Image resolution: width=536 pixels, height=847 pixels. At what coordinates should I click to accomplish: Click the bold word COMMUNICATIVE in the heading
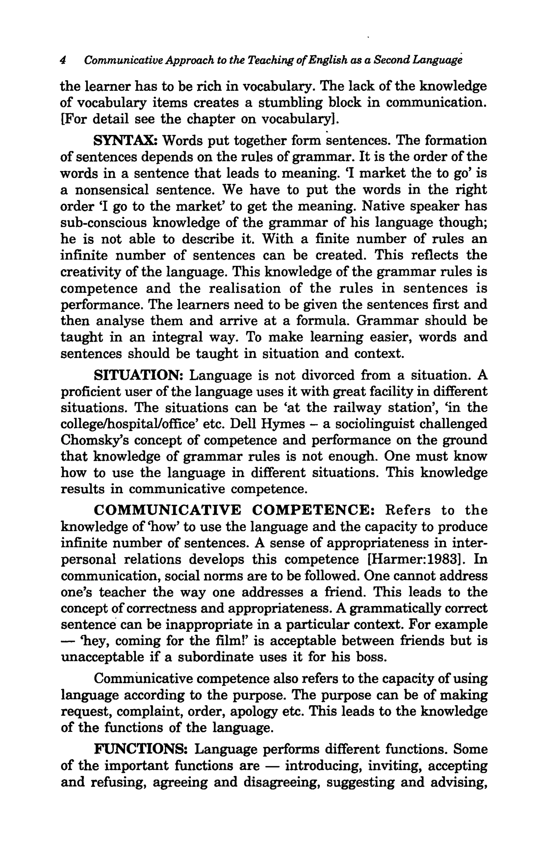(168, 510)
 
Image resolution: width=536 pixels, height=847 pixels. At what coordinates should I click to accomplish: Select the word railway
(357, 408)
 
